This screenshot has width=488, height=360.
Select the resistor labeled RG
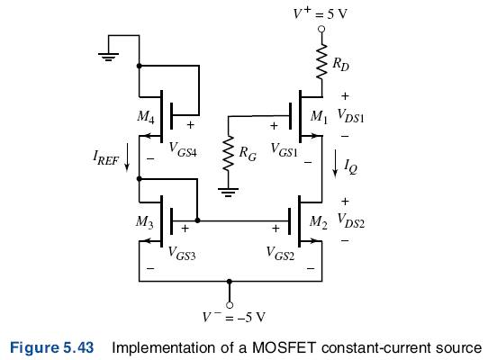tap(229, 153)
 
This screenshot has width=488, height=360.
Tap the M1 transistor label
tap(319, 117)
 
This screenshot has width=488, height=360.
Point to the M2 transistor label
tap(319, 222)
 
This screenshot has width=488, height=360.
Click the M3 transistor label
tap(144, 222)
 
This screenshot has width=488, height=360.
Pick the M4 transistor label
tap(146, 117)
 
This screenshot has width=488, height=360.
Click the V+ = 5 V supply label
tap(321, 13)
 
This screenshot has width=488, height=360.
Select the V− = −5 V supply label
tap(234, 317)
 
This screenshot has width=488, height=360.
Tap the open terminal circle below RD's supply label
tap(321, 29)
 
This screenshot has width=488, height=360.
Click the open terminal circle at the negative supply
tap(230, 305)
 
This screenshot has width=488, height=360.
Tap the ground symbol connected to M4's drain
tap(108, 57)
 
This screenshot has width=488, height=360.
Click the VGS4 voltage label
tap(183, 149)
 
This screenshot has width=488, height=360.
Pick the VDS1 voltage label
tap(351, 116)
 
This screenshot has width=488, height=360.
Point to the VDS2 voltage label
tap(351, 221)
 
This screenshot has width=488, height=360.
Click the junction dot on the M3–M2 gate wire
tap(197, 220)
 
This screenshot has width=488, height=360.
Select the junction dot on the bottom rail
tap(230, 282)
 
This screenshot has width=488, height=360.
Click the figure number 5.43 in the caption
tap(78, 347)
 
